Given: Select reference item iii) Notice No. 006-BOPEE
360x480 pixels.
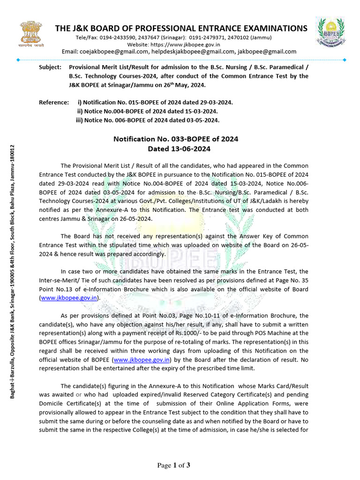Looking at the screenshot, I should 147,120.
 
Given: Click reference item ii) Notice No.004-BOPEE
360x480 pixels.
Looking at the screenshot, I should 147,111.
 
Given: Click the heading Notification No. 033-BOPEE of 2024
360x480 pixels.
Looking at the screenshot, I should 176,139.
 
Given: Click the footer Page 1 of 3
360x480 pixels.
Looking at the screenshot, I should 174,465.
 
